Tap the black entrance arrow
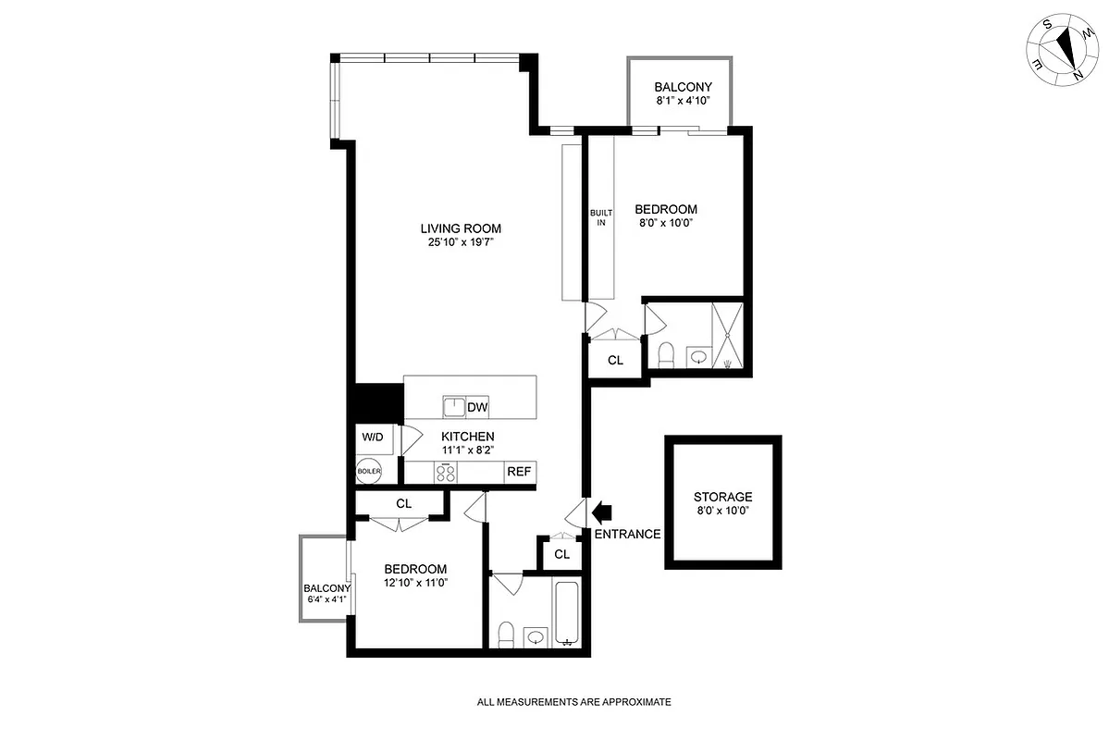coord(601,511)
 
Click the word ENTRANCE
coord(627,534)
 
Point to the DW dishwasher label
coord(477,407)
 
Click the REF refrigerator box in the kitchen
coord(519,472)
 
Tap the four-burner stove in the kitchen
coord(446,473)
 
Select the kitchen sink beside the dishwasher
coord(453,406)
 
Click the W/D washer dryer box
coord(372,437)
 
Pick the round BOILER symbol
coord(369,472)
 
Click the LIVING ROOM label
coord(461,228)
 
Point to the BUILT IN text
coord(601,217)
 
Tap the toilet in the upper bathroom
coord(664,353)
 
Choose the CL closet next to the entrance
coord(561,553)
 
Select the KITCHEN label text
coord(467,437)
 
